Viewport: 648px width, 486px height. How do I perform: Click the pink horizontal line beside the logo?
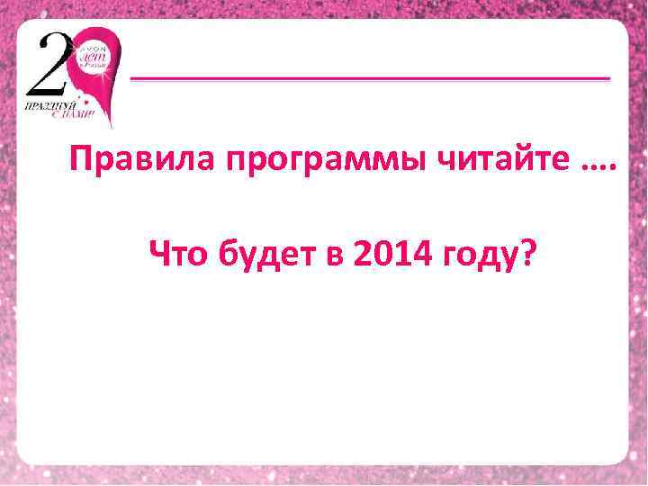[370, 79]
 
